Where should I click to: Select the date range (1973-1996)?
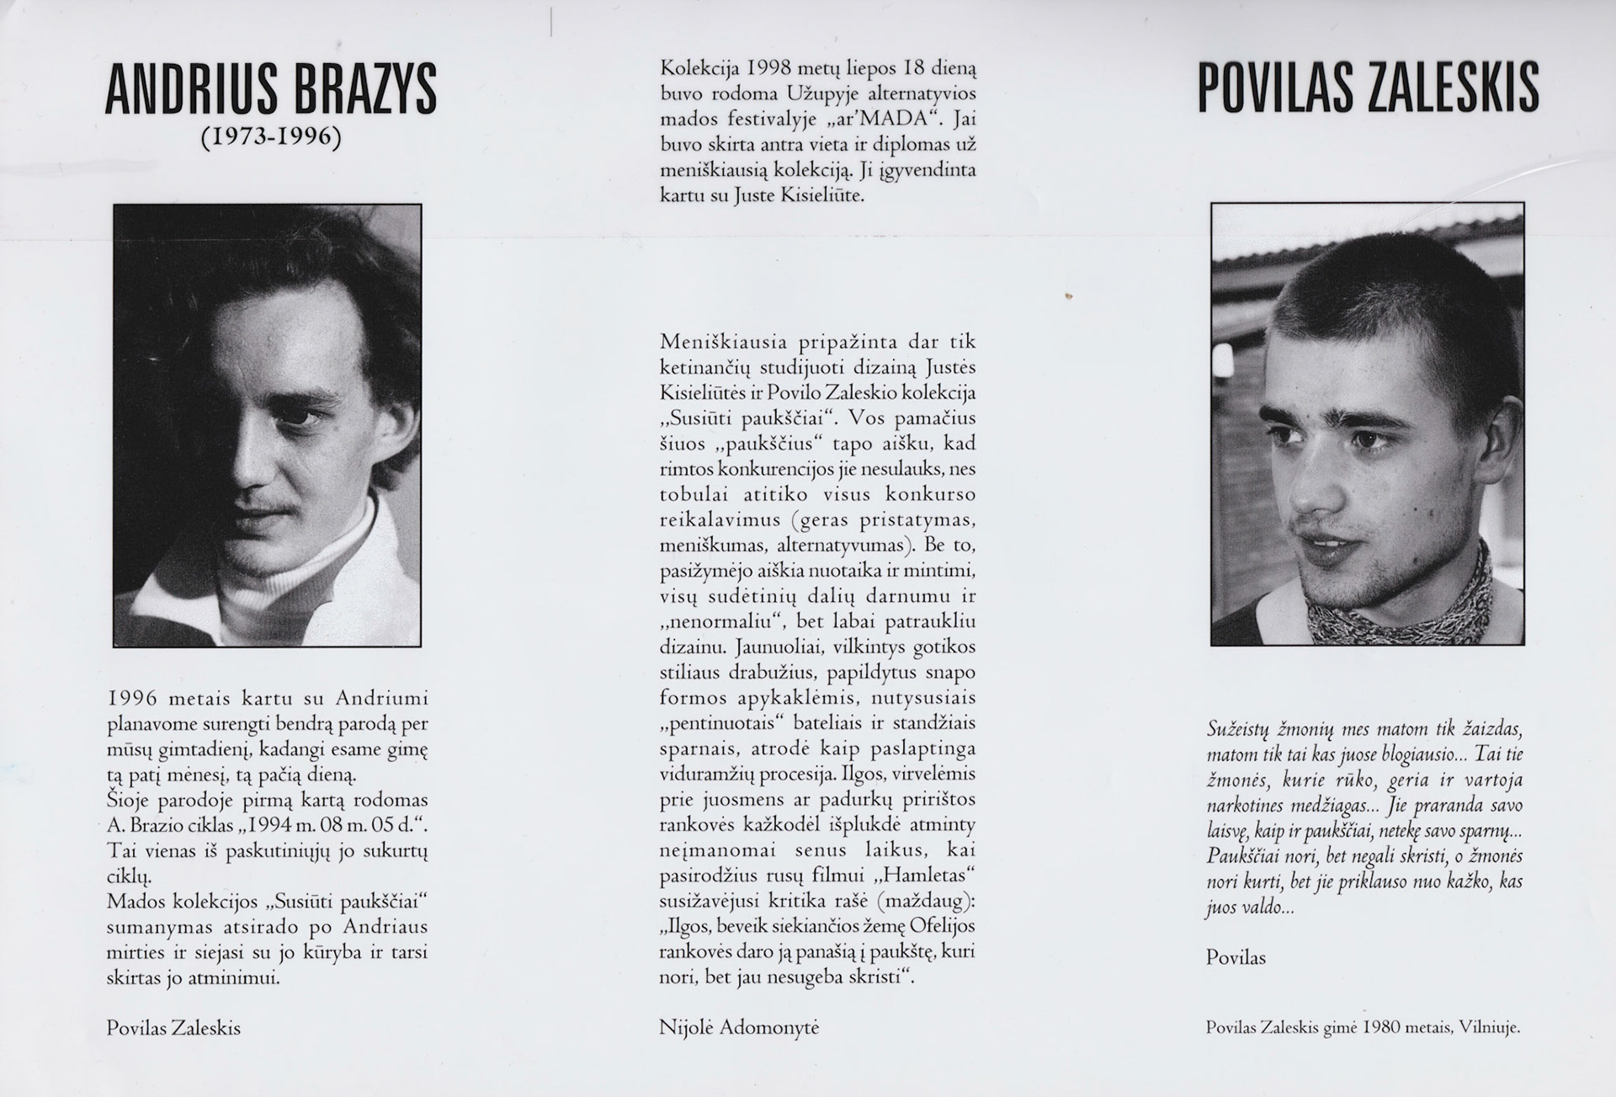[271, 136]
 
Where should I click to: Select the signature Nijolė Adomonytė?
[739, 1027]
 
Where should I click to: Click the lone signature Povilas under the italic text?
[1236, 957]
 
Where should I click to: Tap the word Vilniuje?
[1488, 1027]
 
